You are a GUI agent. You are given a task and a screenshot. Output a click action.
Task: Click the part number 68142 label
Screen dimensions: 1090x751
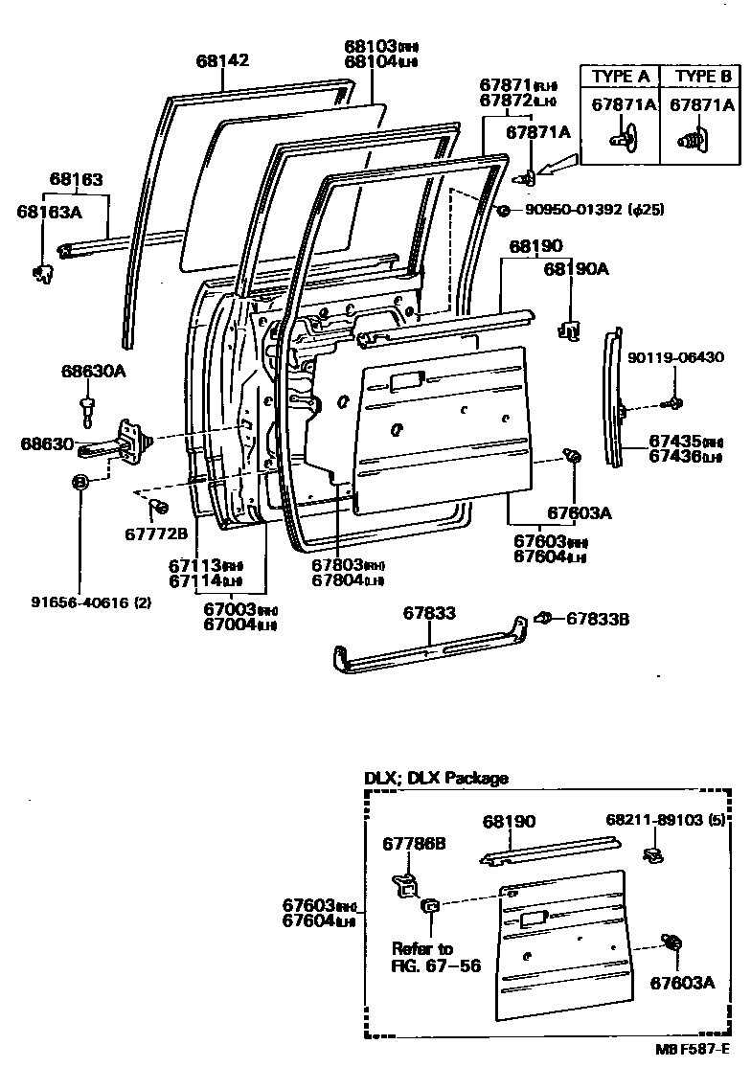point(222,60)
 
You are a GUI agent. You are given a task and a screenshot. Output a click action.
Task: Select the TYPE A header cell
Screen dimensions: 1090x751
point(620,77)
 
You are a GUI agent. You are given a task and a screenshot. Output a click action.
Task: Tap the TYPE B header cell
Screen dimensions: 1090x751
point(702,77)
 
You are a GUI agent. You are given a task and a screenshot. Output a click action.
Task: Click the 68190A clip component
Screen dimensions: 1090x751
point(568,329)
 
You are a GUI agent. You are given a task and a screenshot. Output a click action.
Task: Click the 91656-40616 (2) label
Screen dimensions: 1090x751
point(91,602)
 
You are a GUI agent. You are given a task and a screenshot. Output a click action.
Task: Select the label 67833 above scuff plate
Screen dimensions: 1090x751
point(428,613)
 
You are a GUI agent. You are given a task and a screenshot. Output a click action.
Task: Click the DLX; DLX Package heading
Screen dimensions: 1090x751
point(436,778)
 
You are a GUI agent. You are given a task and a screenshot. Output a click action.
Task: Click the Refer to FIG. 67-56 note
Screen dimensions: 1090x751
point(429,956)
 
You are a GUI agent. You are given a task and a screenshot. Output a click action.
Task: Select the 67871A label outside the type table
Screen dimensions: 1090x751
point(537,132)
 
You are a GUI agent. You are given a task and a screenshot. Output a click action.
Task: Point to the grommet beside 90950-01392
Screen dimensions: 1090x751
point(503,210)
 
